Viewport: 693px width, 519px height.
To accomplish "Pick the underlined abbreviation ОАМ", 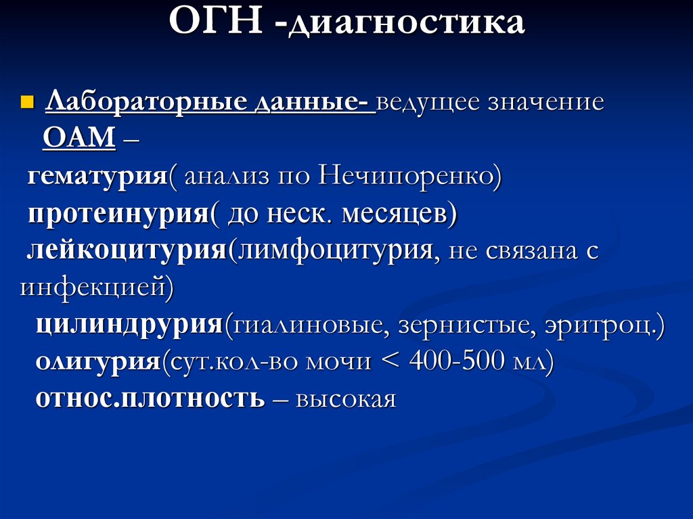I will tap(79, 139).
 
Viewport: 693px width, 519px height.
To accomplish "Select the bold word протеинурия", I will tap(117, 214).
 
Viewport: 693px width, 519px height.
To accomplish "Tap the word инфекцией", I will tap(91, 288).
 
